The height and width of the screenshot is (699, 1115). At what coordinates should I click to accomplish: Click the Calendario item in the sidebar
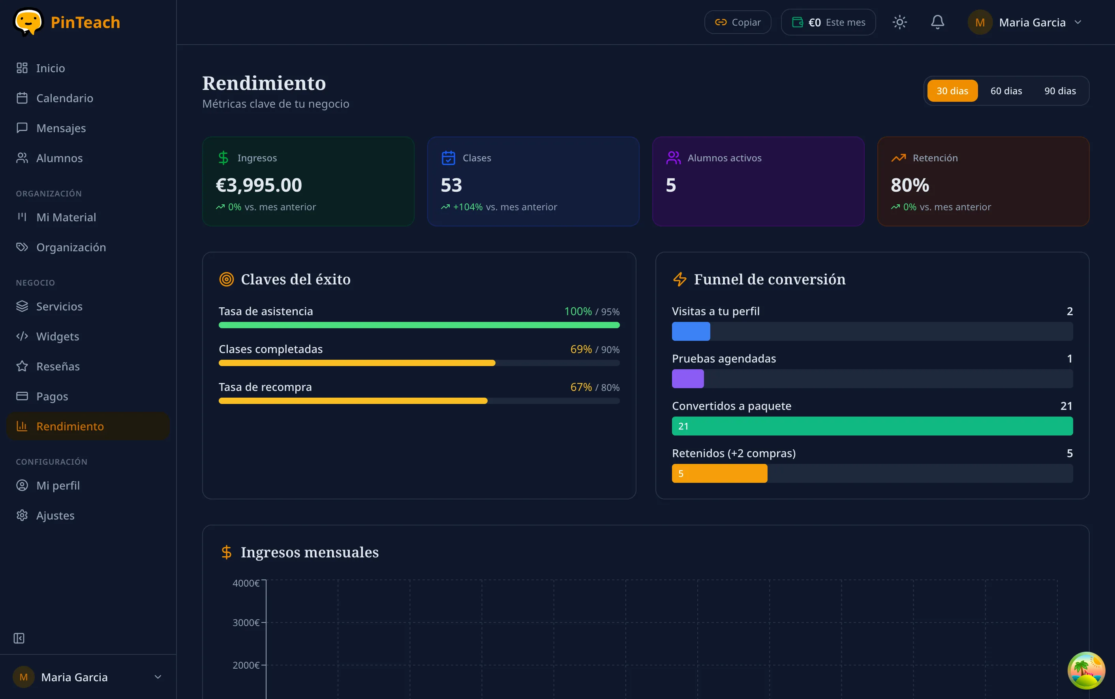(64, 98)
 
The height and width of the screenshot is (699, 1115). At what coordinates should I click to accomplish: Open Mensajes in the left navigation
(61, 128)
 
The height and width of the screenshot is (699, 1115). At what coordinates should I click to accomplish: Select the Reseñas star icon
(22, 366)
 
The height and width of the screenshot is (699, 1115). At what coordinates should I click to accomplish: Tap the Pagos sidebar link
(52, 396)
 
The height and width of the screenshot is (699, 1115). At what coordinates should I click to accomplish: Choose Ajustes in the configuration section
(55, 516)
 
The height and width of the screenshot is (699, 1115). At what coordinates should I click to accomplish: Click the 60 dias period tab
(1006, 91)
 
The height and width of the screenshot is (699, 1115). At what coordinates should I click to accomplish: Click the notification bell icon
(937, 22)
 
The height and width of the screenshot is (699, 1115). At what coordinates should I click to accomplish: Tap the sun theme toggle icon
(899, 22)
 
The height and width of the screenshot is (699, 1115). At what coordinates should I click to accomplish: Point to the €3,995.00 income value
(259, 185)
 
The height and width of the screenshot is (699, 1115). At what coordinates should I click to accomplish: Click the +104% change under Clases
(467, 207)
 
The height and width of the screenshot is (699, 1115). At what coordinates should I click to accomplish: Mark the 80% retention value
(910, 185)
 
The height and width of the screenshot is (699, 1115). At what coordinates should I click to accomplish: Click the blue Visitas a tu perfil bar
(691, 331)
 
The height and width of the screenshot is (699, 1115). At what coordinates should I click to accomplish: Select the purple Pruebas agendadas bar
(687, 379)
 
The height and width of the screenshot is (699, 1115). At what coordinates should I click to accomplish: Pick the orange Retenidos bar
(719, 473)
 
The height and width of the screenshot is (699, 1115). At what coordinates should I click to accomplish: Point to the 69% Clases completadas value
(581, 349)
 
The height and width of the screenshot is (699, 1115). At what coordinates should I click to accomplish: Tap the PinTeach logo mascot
(28, 21)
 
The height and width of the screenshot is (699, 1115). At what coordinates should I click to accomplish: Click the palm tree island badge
(1086, 670)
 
